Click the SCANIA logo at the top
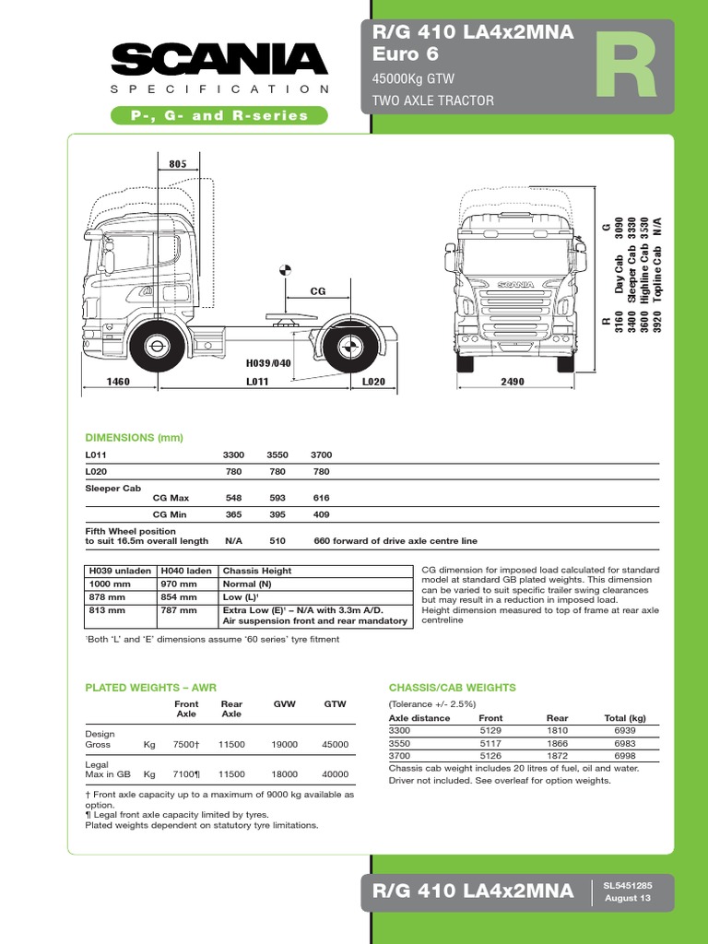220,60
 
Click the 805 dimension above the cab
178,164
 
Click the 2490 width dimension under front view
513,382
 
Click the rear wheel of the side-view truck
348,347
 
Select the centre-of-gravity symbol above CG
285,270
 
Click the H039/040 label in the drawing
268,363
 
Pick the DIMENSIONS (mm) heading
135,438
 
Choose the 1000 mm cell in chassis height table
109,584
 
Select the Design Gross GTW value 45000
335,744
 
